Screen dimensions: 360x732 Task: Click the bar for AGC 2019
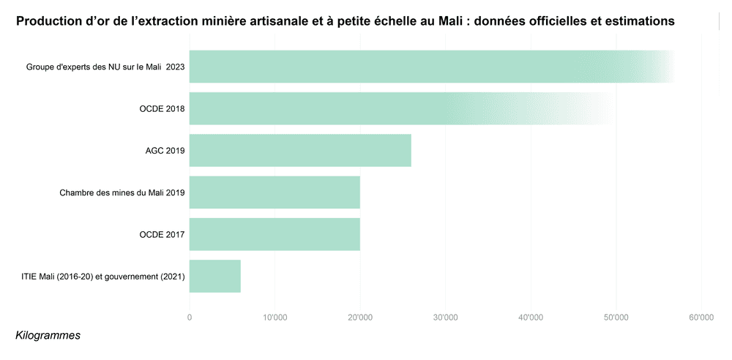(300, 151)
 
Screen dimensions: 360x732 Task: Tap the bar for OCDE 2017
(274, 234)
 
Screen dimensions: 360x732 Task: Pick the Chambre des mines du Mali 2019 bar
(274, 192)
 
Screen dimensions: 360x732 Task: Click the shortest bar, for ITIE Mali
(215, 276)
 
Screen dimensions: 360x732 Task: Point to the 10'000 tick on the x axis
(274, 317)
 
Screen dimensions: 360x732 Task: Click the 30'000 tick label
(445, 317)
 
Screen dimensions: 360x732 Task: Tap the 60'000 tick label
(701, 317)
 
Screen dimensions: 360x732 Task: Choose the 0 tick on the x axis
(190, 317)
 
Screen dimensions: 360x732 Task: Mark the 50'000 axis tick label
(616, 317)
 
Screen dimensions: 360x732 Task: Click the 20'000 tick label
(360, 317)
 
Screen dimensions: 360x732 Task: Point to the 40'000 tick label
(530, 317)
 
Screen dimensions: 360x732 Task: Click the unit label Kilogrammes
(48, 335)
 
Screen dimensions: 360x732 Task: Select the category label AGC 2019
(165, 151)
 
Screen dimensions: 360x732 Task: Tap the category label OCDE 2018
(162, 109)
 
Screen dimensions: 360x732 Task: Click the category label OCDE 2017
(162, 235)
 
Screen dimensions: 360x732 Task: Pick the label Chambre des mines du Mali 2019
(122, 193)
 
